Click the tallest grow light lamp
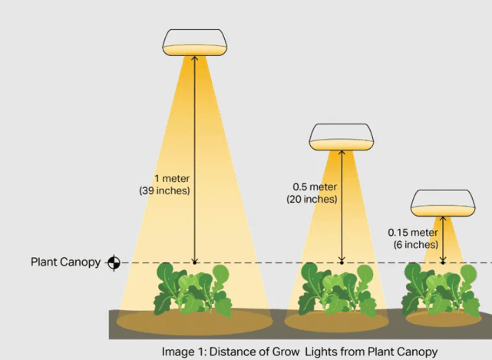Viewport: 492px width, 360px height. pos(195,43)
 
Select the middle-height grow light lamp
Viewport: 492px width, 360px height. pos(342,137)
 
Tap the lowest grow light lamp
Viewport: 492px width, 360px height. pos(442,203)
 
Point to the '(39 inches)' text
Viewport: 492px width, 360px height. pos(164,189)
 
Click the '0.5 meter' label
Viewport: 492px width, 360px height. pos(315,187)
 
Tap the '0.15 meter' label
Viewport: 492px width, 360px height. pos(413,233)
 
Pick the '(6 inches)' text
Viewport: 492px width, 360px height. pos(414,244)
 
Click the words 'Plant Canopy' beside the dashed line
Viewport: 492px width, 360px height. pos(65,263)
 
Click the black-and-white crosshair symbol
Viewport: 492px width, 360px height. pos(114,263)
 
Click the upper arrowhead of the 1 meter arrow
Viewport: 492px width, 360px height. pos(194,59)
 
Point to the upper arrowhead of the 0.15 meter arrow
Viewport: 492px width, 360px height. pos(443,218)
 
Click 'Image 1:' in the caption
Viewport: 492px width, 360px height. pos(183,352)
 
